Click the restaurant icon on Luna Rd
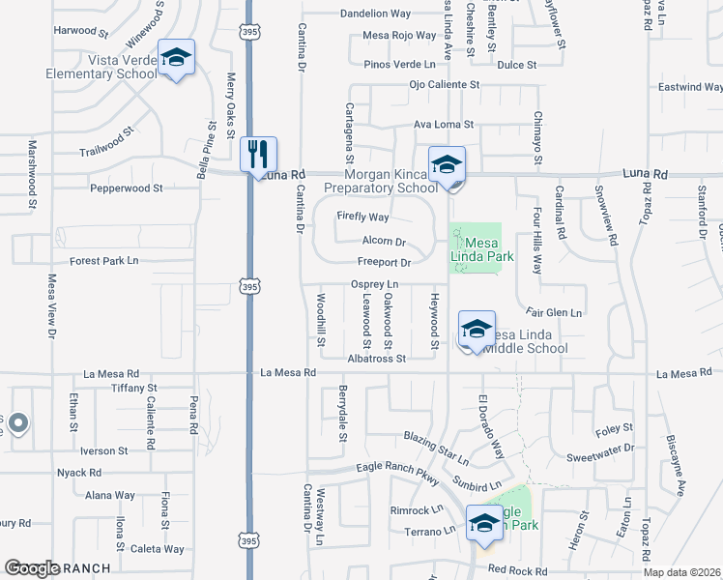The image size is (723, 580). [258, 154]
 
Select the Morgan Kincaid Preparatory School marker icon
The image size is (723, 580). [447, 164]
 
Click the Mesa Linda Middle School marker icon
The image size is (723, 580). [476, 330]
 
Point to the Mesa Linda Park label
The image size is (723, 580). [488, 249]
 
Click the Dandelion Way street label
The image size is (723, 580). [375, 14]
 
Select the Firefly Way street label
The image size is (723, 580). [362, 217]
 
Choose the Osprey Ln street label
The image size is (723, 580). [374, 284]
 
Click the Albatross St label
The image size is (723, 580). [376, 358]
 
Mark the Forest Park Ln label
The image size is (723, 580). [104, 261]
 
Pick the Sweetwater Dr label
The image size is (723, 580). [599, 449]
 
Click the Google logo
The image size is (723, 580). [32, 568]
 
